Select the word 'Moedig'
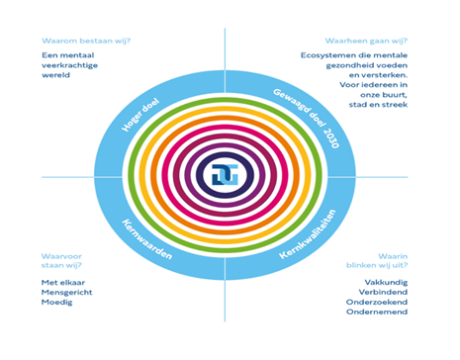[55, 303]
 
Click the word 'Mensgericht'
[65, 292]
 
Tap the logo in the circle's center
[225, 175]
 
